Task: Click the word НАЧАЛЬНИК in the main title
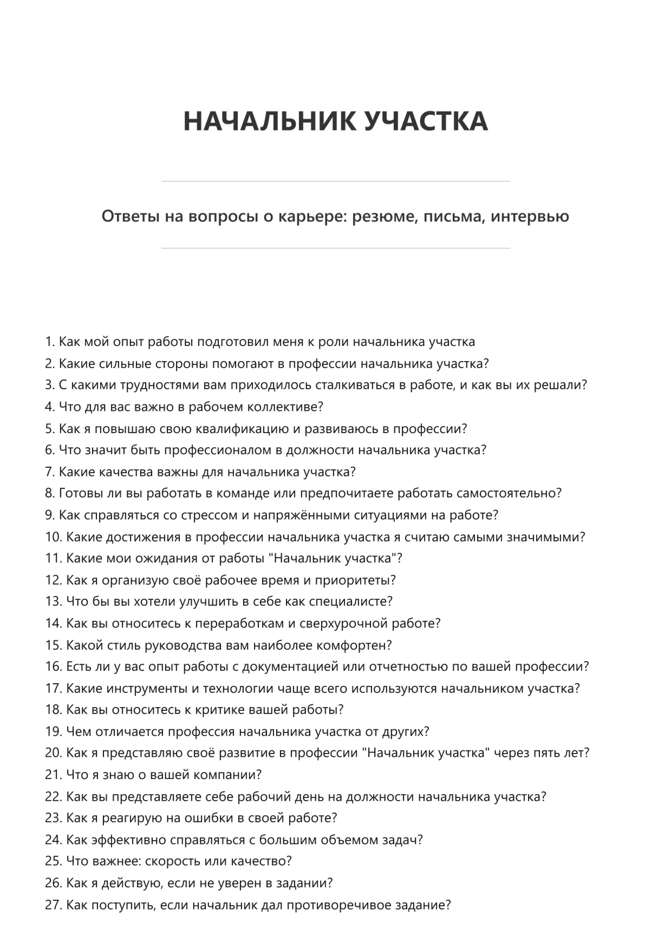(269, 121)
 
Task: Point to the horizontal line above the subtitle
(335, 181)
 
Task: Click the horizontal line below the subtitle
(335, 248)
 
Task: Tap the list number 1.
(49, 342)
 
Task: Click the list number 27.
(53, 905)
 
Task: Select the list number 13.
(53, 601)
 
